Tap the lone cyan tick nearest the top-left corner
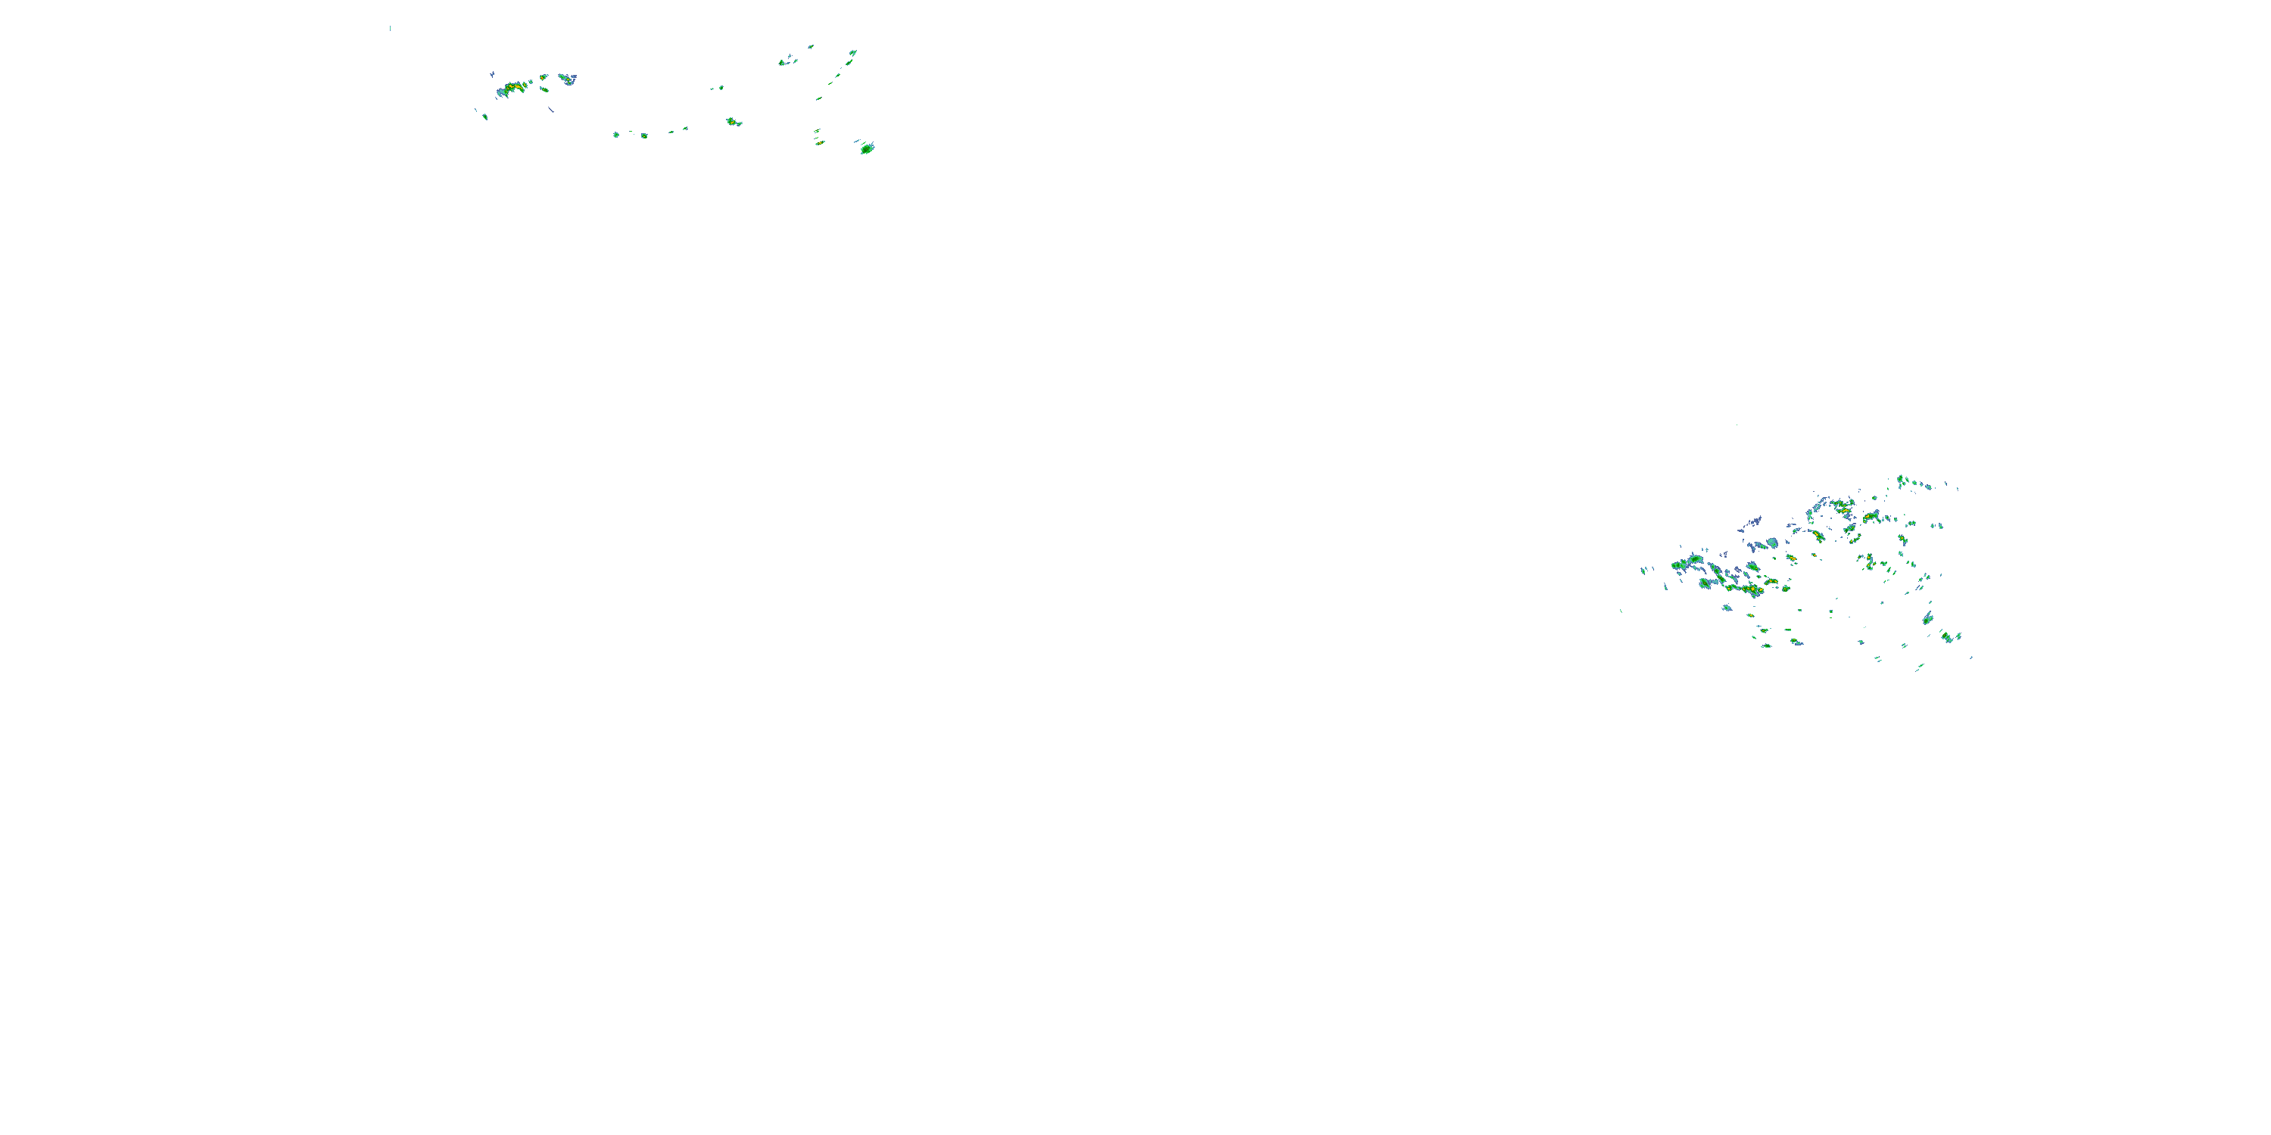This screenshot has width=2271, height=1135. pos(390,28)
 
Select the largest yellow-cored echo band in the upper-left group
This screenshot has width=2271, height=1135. pos(513,87)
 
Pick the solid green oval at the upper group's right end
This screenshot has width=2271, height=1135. pos(868,148)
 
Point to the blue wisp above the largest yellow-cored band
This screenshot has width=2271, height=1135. pos(492,74)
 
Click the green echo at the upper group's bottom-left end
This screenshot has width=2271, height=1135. pos(485,117)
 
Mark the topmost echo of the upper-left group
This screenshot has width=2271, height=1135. pos(810,46)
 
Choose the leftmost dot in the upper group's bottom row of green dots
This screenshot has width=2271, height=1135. pos(616,134)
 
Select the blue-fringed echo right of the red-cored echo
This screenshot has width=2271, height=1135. pos(567,79)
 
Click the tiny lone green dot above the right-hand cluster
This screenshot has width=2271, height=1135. pos(1737,424)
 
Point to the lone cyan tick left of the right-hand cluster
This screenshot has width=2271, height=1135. pos(1621,611)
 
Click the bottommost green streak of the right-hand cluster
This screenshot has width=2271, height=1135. pos(1918,668)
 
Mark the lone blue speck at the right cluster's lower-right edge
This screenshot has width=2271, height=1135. pos(1971,658)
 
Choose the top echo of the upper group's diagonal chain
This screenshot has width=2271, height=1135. pos(852,53)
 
